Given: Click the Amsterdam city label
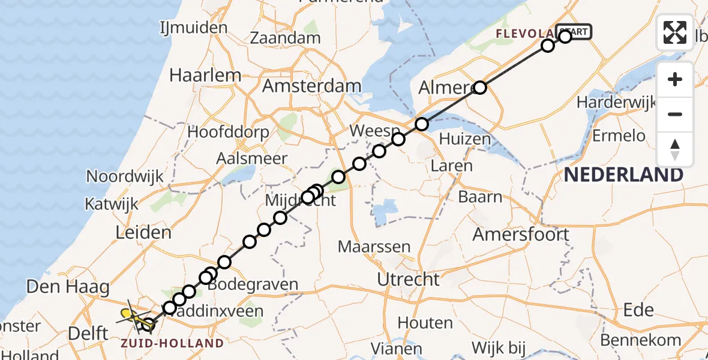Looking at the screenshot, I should [312, 86].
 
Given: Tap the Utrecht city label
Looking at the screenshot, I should [408, 279].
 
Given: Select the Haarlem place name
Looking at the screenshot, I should [205, 76].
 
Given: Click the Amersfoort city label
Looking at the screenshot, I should [521, 234].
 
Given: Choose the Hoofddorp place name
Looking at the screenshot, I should [228, 132].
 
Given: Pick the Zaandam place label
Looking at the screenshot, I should [285, 38].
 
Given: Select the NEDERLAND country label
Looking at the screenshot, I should [623, 175].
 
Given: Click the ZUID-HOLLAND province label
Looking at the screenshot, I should [173, 343].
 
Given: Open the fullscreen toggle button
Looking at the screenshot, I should [675, 32].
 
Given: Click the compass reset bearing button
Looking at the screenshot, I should [675, 149].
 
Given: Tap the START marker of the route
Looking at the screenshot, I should [574, 31].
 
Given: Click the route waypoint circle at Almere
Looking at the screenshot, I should [480, 88].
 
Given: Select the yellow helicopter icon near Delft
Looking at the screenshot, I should [128, 314].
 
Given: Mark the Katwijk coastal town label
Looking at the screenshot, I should [113, 203].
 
